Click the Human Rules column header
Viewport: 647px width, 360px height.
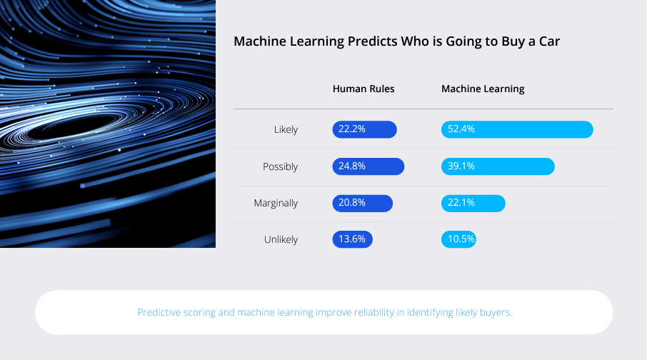(x=363, y=89)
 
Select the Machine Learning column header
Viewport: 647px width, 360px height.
(x=483, y=89)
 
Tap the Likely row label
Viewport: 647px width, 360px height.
(x=286, y=129)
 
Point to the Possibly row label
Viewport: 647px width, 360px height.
(x=280, y=167)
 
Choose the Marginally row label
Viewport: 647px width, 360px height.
(x=276, y=203)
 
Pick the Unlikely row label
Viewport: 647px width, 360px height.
(x=281, y=239)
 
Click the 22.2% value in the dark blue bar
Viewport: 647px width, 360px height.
(x=352, y=129)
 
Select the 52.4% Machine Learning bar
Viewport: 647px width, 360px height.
(x=517, y=129)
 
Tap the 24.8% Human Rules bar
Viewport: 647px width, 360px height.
(x=368, y=166)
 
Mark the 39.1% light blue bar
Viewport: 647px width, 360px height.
(x=498, y=166)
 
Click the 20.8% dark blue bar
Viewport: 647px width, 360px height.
(x=363, y=203)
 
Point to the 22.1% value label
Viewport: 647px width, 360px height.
(x=461, y=203)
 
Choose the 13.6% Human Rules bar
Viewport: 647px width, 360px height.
(x=352, y=239)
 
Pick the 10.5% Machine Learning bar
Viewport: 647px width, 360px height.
(x=458, y=239)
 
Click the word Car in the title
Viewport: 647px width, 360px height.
(x=549, y=41)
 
